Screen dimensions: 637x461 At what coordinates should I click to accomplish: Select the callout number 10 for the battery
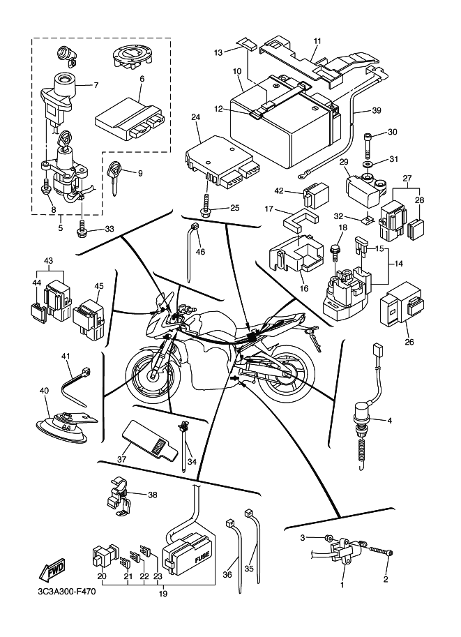coord(236,71)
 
